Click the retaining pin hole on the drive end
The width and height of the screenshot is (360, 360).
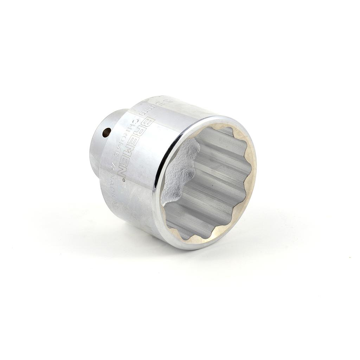point(107,133)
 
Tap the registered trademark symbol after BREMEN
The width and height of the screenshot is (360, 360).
point(123,180)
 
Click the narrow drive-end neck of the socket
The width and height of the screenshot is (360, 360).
point(102,144)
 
